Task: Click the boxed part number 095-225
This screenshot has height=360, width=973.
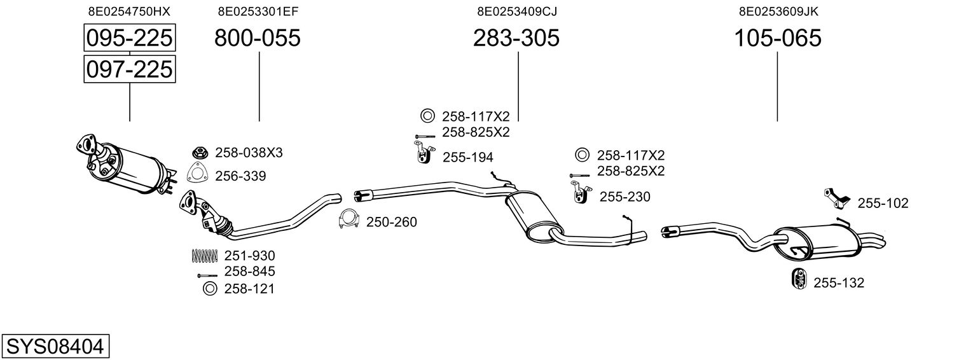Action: pyautogui.click(x=129, y=38)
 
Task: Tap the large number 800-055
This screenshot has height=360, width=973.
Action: pyautogui.click(x=257, y=38)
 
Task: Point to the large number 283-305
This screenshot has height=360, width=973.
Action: pyautogui.click(x=516, y=38)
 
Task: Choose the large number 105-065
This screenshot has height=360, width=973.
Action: pyautogui.click(x=778, y=38)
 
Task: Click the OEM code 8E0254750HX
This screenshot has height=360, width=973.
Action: pyautogui.click(x=129, y=11)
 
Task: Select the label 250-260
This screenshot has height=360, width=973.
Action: pyautogui.click(x=391, y=222)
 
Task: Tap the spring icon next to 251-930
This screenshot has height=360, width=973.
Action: pyautogui.click(x=204, y=256)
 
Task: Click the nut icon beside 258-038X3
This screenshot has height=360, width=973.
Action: pyautogui.click(x=201, y=153)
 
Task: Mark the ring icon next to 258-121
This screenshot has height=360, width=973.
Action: pyautogui.click(x=209, y=289)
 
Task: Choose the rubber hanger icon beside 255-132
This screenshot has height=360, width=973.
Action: pyautogui.click(x=797, y=279)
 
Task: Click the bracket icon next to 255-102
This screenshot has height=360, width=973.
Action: pyautogui.click(x=837, y=198)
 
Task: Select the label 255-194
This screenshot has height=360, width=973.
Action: pyautogui.click(x=467, y=157)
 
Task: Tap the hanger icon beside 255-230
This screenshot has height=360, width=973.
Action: pyautogui.click(x=579, y=192)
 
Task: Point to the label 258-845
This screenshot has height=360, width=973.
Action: pyautogui.click(x=249, y=272)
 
